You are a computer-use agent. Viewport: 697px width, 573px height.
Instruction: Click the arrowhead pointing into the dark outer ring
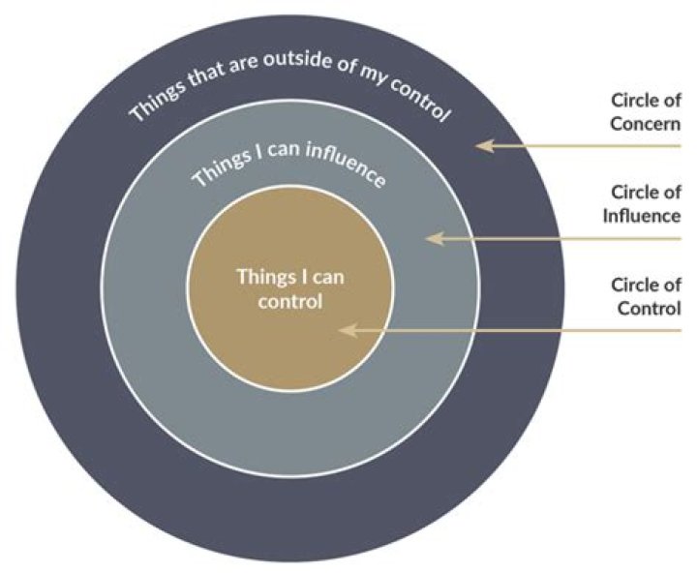tap(485, 146)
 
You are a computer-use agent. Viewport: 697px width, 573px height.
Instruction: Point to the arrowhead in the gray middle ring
tap(435, 237)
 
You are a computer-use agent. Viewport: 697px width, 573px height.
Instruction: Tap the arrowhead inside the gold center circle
tap(347, 330)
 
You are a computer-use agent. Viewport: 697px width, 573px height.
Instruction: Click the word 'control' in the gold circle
tap(289, 300)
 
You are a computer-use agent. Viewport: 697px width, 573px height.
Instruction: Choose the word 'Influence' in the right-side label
tap(647, 215)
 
